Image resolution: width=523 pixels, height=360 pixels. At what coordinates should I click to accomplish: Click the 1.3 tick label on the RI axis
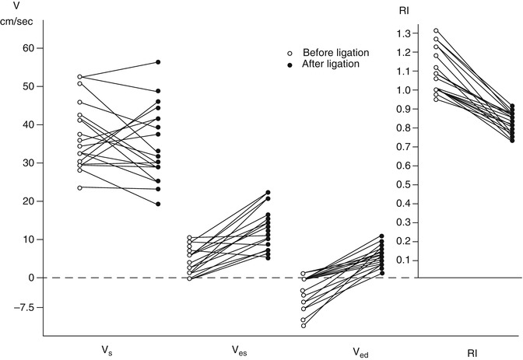(402, 34)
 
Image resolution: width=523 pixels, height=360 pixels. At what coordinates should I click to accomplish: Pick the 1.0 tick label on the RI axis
(402, 90)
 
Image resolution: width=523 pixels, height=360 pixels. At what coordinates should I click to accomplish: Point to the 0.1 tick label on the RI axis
(402, 260)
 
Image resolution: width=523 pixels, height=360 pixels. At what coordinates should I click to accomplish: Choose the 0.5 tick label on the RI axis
(402, 184)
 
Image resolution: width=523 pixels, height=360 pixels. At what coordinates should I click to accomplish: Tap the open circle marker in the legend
(288, 52)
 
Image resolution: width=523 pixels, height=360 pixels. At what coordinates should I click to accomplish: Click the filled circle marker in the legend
(288, 64)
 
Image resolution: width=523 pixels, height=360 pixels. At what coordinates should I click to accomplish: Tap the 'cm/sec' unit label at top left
(19, 23)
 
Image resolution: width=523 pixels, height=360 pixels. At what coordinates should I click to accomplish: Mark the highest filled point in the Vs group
(159, 61)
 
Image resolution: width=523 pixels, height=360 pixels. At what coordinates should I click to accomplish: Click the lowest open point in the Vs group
(79, 187)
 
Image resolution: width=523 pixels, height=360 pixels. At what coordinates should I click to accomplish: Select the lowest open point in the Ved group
(304, 326)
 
